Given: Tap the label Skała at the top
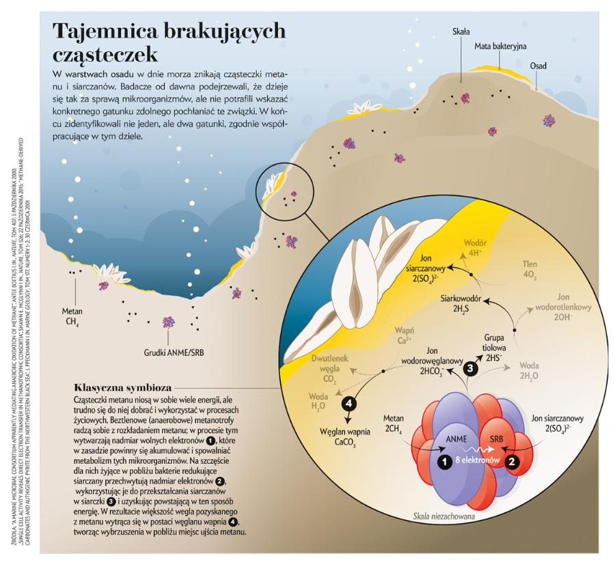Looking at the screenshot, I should tap(461, 31).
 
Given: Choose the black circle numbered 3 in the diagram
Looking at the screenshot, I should tap(471, 368).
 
